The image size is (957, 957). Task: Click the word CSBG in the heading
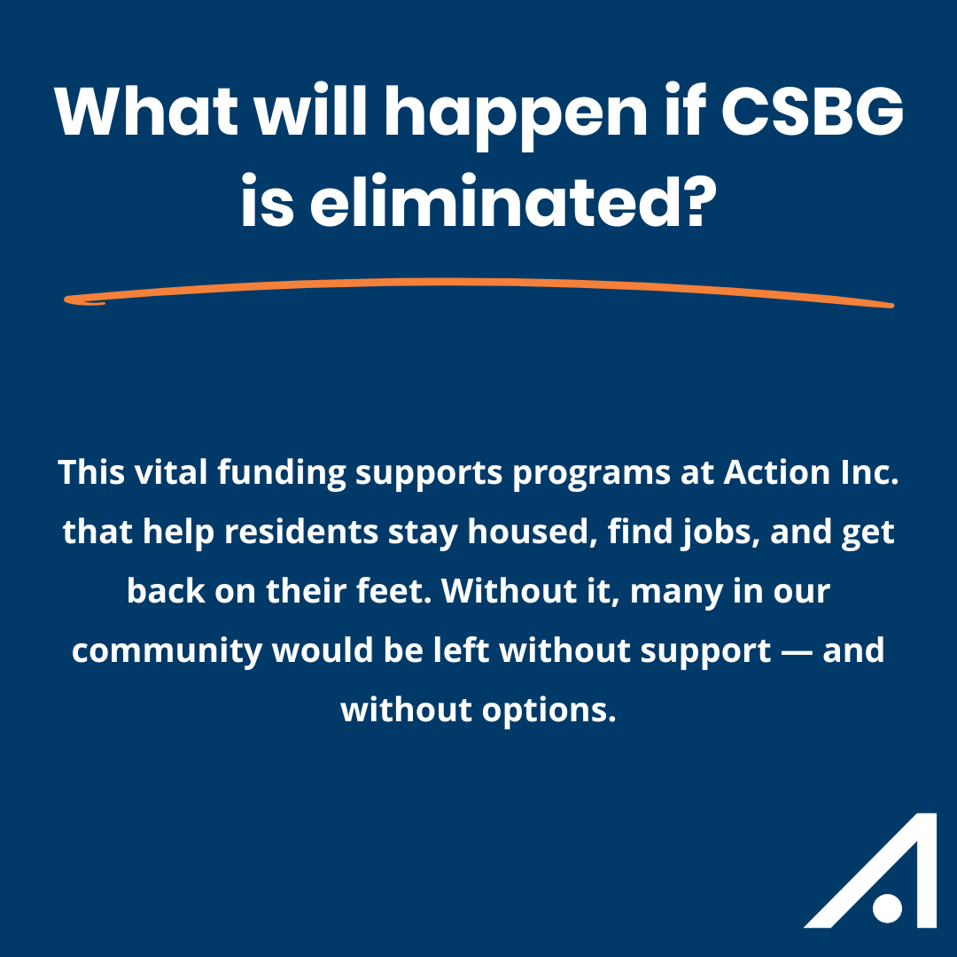pyautogui.click(x=813, y=111)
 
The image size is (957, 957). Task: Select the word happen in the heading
pyautogui.click(x=516, y=117)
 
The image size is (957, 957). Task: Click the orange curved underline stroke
pyautogui.click(x=478, y=282)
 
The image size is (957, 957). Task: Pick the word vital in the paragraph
pyautogui.click(x=171, y=472)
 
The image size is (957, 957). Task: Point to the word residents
pyautogui.click(x=301, y=532)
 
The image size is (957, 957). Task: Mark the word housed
pyautogui.click(x=533, y=533)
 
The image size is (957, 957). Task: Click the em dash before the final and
pyautogui.click(x=797, y=652)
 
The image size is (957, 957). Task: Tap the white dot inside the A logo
pyautogui.click(x=887, y=908)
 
